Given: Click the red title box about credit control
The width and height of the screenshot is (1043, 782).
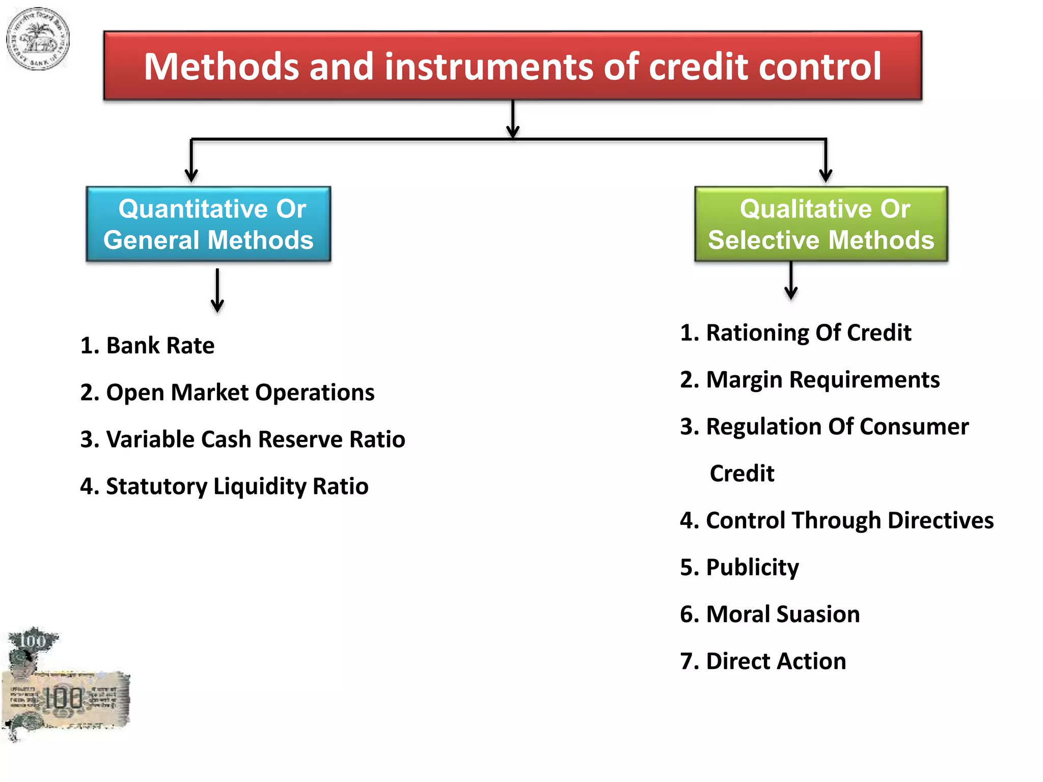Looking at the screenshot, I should [x=512, y=65].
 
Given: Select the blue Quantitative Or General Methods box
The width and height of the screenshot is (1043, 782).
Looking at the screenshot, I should [x=208, y=224].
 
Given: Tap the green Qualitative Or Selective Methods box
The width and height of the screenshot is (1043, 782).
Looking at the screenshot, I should [x=821, y=224].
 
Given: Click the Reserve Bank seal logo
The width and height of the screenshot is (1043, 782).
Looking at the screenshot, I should [x=37, y=39].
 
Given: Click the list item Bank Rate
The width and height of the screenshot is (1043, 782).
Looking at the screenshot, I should [x=148, y=345].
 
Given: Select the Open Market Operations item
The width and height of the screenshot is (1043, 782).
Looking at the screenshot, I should [x=227, y=393].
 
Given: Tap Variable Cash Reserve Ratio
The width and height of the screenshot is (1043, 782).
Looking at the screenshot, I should [x=243, y=439].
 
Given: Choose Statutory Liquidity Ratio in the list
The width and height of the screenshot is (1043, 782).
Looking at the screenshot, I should [x=224, y=486].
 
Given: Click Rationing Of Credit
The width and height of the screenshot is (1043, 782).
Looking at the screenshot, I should [x=795, y=332].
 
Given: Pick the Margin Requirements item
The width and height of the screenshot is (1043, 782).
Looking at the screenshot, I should [x=810, y=380].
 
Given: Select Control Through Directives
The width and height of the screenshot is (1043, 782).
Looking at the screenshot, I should [x=837, y=520].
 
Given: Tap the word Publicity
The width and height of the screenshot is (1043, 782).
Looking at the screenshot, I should [x=752, y=568].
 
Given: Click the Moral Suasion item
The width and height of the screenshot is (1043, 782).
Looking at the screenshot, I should [x=770, y=614].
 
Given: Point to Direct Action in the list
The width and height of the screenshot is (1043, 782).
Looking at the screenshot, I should [x=763, y=661].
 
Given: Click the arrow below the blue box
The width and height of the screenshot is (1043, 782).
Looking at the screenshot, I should [x=217, y=290].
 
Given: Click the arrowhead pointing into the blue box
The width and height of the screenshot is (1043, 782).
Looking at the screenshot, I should [x=191, y=175].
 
